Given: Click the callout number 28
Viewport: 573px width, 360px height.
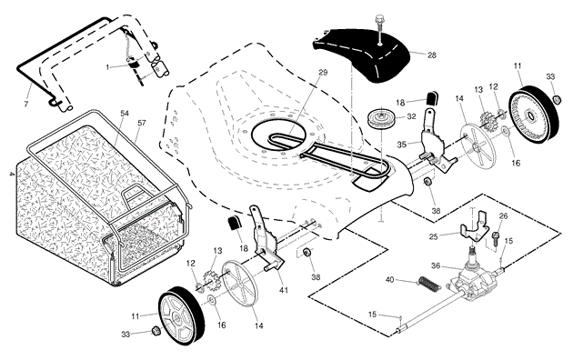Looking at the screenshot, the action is [432, 55].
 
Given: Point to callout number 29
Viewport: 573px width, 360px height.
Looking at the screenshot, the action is [323, 73].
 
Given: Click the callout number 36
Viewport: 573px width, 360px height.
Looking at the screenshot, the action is [436, 265].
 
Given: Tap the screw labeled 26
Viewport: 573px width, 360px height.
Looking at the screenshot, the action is [496, 238].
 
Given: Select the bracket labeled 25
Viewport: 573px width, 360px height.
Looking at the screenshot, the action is [474, 228].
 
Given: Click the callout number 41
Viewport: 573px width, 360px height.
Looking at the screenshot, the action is [284, 290].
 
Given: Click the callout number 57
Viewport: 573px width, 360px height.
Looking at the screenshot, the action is [141, 123].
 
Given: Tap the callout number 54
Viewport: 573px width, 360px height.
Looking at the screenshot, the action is [125, 114].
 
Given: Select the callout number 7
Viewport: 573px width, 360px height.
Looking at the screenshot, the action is [26, 105].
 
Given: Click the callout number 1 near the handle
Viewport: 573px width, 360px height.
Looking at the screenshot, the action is [107, 67].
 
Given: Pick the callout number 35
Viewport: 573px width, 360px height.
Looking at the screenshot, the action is [402, 145].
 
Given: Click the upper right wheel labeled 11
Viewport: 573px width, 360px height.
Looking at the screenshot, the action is [534, 116].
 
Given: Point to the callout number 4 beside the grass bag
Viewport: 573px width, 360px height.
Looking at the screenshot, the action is [12, 175].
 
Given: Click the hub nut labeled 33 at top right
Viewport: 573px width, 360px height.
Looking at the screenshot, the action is [557, 99].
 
